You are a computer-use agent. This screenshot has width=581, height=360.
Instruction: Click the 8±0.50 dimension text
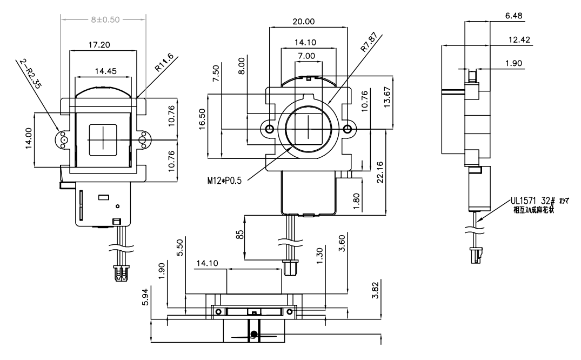click(104, 19)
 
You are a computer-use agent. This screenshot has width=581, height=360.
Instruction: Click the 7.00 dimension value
click(306, 56)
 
